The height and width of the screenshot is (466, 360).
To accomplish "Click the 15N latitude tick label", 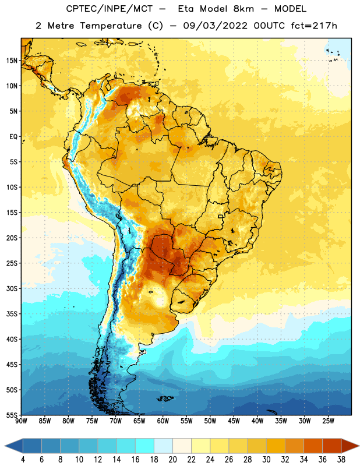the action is pos(12,61).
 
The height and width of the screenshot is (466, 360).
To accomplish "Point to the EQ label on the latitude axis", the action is pos(13,137).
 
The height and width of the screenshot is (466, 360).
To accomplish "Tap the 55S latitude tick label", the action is pos(12,415).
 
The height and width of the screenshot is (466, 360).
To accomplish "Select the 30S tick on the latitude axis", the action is pos(12,288).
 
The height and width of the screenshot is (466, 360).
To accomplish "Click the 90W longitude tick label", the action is pos(21,421).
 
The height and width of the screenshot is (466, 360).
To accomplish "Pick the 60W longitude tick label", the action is pos(163,421).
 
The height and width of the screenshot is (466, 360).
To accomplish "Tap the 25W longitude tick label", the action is pos(328,421).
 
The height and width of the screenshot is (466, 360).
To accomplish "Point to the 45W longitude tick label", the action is pos(234,421).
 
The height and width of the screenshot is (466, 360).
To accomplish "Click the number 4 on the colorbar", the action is pos(23,460).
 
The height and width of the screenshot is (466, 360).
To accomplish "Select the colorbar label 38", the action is pos(341,460).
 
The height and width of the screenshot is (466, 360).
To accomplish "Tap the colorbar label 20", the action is pos(172,460).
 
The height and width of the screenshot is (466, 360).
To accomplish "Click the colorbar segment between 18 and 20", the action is pos(163,446).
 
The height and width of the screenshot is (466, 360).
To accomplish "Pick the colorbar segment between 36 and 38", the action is pos(332,446).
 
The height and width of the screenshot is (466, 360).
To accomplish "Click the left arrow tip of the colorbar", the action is pos(5,446).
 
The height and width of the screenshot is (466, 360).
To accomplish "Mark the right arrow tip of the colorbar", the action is pos(359,446).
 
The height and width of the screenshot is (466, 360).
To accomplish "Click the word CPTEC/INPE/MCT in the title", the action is pos(110,9).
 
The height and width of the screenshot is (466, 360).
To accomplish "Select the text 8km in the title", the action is pos(243,9).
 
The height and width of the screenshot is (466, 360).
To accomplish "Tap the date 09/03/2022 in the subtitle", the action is pos(215,26).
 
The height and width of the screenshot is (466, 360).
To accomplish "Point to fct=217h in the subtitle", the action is pos(314,26).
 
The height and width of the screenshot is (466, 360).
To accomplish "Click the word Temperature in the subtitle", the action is pos(111,26).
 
